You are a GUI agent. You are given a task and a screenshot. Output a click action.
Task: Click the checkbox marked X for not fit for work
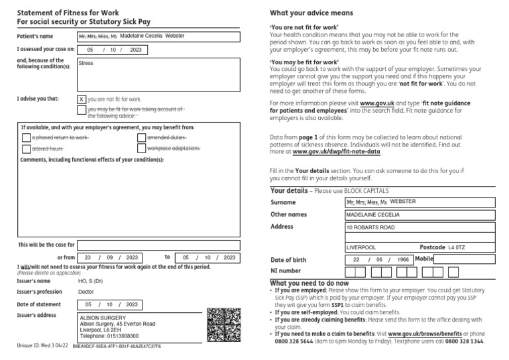click(x=82, y=99)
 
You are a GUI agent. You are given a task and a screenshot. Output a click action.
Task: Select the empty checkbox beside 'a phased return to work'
click(x=27, y=137)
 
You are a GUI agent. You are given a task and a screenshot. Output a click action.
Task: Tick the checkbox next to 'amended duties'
click(x=142, y=137)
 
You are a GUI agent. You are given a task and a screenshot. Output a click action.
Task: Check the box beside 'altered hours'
click(x=27, y=149)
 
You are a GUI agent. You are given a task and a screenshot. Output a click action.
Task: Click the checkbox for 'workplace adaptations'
click(x=142, y=149)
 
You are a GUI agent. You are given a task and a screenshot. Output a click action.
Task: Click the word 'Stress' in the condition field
click(x=86, y=64)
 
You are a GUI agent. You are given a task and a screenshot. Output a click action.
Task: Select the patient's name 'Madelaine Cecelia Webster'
click(x=152, y=36)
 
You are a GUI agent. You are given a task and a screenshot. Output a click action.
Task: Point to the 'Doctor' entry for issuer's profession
click(x=86, y=292)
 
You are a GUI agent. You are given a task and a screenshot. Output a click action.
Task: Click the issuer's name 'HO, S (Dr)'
click(x=91, y=281)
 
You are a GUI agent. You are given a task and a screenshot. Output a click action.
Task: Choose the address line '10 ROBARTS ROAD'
click(x=370, y=227)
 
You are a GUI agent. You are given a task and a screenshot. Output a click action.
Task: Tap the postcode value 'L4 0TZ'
click(x=457, y=247)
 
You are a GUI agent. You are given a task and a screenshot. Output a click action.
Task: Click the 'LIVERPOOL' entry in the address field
click(x=361, y=247)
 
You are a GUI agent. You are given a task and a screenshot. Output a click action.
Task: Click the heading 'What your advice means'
click(x=311, y=13)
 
